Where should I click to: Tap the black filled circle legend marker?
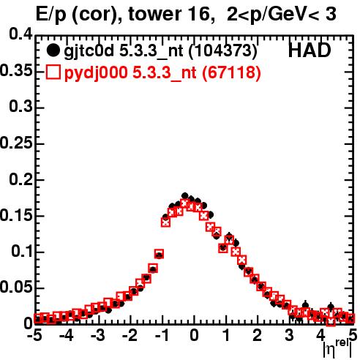[53, 50]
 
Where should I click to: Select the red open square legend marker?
[53, 72]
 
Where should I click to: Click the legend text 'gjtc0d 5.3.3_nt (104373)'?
[160, 51]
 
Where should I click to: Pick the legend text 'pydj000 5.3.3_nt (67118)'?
[162, 72]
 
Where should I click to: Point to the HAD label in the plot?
[310, 50]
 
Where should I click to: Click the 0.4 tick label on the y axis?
[20, 34]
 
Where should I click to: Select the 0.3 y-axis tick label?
[20, 106]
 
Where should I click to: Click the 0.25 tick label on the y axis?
[16, 143]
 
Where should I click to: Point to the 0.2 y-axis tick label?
[20, 179]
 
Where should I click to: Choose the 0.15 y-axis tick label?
[16, 215]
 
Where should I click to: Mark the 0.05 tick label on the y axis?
[16, 287]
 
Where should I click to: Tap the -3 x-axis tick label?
[98, 335]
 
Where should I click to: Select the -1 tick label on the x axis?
[162, 335]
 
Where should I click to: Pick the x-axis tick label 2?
[258, 335]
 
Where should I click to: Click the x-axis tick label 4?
[320, 335]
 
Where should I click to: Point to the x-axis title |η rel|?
[337, 349]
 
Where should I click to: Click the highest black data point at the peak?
[184, 195]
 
